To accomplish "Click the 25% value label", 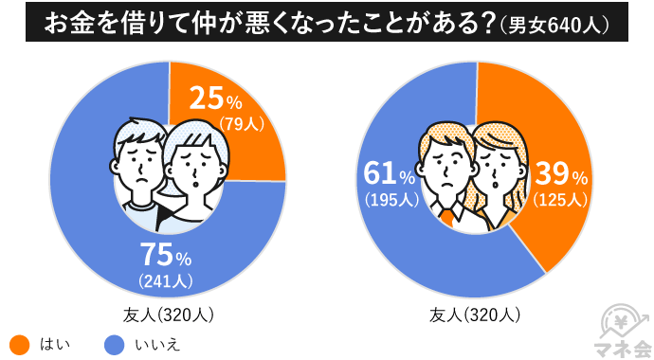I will point(216,99).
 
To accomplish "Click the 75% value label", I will point(166,256).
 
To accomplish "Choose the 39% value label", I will point(562,175).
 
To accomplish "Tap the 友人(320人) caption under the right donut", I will point(475,315).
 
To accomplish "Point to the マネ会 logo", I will point(621,328).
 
